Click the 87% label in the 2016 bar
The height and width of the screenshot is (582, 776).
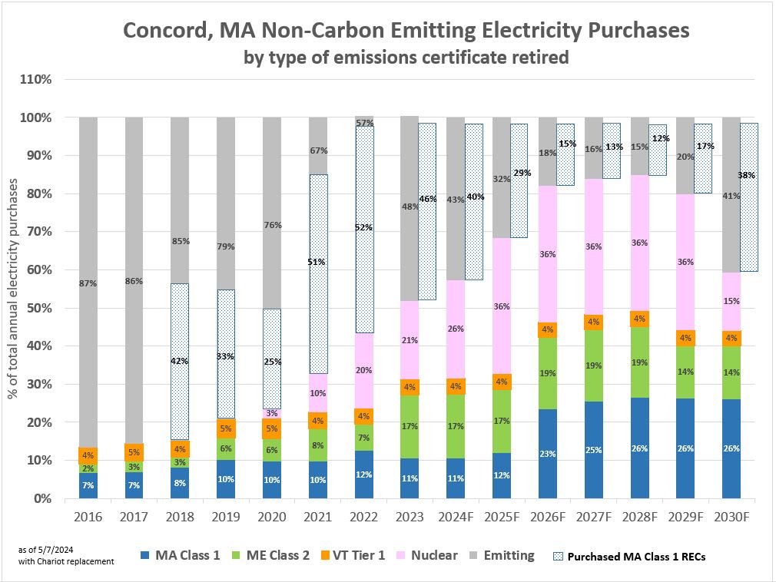click(x=88, y=283)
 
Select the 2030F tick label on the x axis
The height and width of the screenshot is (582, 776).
click(x=732, y=517)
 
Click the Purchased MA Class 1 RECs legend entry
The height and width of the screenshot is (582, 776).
click(x=629, y=557)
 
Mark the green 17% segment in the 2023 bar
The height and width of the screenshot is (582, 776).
click(x=410, y=425)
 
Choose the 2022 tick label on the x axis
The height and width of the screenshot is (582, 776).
click(x=363, y=517)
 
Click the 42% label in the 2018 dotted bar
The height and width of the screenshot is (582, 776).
click(x=180, y=361)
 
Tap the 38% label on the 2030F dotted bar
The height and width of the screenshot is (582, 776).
click(x=745, y=175)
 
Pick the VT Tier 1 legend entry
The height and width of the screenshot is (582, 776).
click(x=351, y=555)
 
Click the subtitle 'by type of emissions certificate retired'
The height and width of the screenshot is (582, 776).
click(x=406, y=58)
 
